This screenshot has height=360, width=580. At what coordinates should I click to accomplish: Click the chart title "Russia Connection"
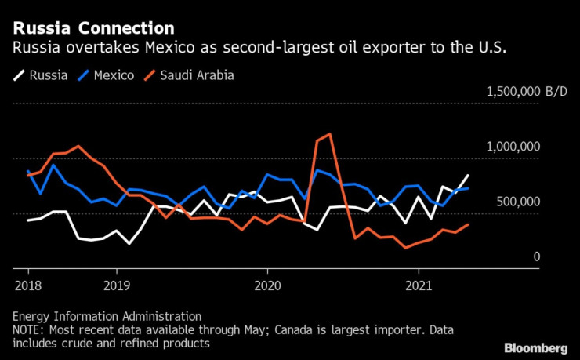(x=93, y=28)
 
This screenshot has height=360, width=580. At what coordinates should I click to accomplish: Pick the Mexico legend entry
(x=107, y=76)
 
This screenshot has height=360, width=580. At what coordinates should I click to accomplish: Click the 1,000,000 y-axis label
(x=512, y=147)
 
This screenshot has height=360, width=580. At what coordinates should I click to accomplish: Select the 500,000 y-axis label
(x=518, y=202)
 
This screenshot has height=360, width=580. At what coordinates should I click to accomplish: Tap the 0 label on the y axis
(x=538, y=256)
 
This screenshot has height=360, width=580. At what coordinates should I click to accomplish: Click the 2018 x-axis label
(x=27, y=286)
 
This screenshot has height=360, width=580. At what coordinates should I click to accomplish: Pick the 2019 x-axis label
(x=116, y=286)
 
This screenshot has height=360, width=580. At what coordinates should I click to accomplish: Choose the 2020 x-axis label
(x=268, y=286)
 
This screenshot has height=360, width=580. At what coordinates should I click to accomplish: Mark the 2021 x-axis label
(x=419, y=286)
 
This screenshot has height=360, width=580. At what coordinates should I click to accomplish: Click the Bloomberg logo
(x=535, y=347)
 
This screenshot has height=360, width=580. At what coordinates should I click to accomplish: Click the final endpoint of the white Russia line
(x=469, y=176)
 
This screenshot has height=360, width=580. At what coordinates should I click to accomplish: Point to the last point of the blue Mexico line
(x=469, y=188)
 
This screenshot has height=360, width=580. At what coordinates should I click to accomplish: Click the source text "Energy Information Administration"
(x=107, y=315)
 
